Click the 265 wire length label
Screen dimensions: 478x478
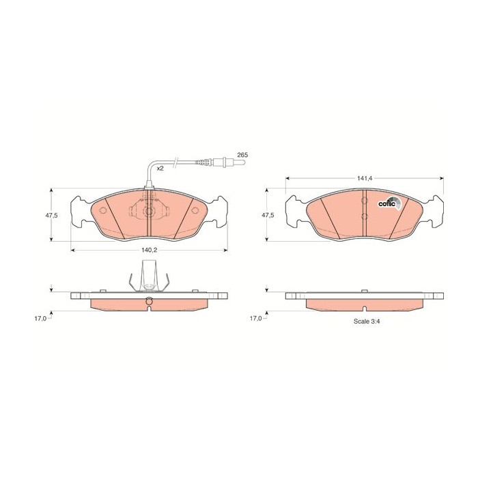point(242,155)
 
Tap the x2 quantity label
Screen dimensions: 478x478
point(160,168)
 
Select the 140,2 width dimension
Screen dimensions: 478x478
point(149,250)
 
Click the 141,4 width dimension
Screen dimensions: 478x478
point(365,179)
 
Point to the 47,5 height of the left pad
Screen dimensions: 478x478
point(51,215)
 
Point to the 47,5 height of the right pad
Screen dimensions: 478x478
point(268,215)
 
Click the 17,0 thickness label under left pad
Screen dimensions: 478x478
point(40,319)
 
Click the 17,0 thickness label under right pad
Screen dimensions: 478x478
point(256,319)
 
